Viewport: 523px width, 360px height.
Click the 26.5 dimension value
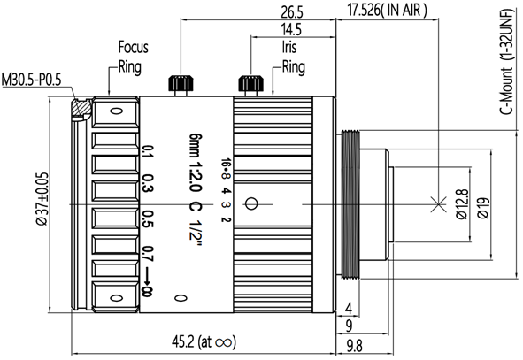tap(292, 12)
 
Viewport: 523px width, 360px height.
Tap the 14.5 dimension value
tap(291, 30)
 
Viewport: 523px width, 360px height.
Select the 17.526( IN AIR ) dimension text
tap(387, 10)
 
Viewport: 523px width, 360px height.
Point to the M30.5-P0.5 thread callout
tap(31, 80)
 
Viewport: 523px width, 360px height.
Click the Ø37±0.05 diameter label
tap(42, 199)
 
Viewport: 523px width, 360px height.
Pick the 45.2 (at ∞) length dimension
tap(204, 342)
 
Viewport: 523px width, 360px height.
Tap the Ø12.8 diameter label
tap(462, 204)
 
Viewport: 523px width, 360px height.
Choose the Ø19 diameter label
tap(483, 209)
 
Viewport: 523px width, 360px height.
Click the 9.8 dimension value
tap(354, 346)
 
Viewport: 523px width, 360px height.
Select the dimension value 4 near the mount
tap(349, 309)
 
